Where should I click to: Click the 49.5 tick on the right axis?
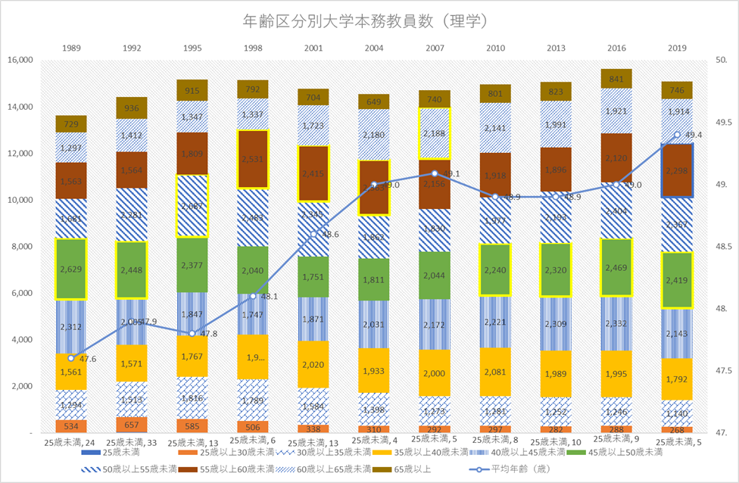point(725,123)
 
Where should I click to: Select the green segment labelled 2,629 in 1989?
point(70,269)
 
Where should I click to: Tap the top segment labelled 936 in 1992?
point(131,108)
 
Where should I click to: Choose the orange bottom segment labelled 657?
point(131,424)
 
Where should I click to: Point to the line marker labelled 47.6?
point(70,358)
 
